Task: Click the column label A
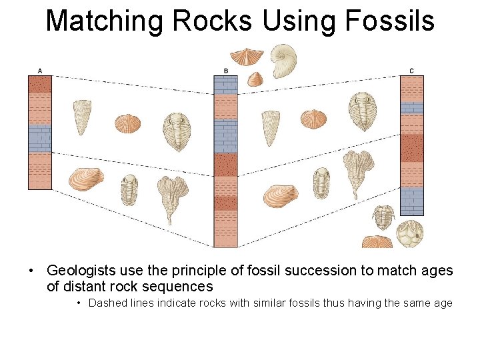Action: tap(40, 71)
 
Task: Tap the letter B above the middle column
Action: tap(226, 71)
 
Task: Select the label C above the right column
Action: tap(411, 71)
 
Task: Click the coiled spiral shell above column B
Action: tap(283, 61)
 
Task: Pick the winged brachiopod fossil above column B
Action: tap(247, 56)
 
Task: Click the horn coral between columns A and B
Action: tap(81, 116)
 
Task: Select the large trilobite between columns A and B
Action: tap(177, 131)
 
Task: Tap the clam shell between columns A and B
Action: tap(86, 179)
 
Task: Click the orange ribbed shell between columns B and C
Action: tap(313, 119)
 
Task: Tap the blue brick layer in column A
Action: tap(40, 138)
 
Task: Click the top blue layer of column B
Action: tap(225, 85)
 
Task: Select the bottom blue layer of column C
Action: tap(411, 201)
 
